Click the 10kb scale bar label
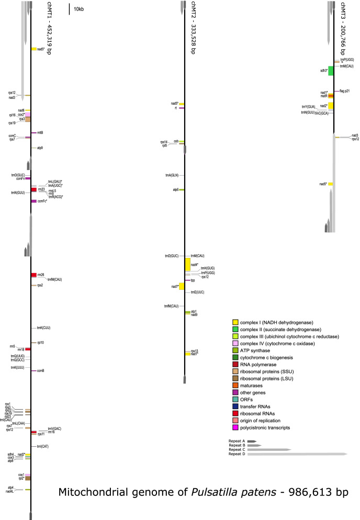[80, 9]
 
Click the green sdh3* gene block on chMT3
[331, 71]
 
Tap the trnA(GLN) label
[173, 175]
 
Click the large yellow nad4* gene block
[187, 265]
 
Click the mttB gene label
[40, 132]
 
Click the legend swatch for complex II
[235, 329]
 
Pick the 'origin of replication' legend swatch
[235, 420]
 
